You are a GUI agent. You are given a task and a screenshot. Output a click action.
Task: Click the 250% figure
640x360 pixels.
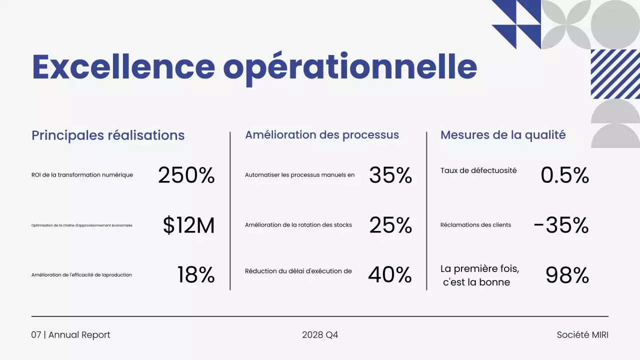(x=186, y=175)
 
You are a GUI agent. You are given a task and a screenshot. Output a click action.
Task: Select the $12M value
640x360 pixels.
(x=188, y=225)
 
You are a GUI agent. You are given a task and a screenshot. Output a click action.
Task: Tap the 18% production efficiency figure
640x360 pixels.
(x=195, y=275)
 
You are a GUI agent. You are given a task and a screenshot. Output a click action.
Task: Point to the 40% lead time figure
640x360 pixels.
(x=389, y=275)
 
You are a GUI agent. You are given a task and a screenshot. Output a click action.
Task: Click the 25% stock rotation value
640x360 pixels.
(x=390, y=225)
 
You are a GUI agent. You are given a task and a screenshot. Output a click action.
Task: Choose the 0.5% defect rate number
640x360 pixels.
(x=564, y=175)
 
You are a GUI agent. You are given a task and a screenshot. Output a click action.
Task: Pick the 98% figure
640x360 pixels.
(x=567, y=275)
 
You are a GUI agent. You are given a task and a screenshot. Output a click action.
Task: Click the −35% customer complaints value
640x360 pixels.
(x=561, y=225)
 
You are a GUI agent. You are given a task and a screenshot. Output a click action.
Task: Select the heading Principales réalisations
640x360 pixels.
(x=108, y=135)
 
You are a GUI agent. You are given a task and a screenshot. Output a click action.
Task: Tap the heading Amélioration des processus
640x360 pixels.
(x=322, y=135)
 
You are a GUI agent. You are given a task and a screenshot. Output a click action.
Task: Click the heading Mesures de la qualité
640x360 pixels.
(x=503, y=135)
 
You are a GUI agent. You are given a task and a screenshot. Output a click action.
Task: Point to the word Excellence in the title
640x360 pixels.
(x=123, y=67)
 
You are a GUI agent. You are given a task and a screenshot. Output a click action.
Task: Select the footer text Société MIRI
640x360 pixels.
(x=582, y=335)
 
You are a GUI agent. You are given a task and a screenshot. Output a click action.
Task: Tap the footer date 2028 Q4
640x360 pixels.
(x=320, y=335)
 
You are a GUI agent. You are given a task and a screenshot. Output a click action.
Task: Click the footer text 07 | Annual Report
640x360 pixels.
(x=70, y=335)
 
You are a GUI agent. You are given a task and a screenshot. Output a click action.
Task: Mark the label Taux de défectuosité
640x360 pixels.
(x=478, y=170)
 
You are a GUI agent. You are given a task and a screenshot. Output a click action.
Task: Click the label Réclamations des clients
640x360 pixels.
(x=475, y=225)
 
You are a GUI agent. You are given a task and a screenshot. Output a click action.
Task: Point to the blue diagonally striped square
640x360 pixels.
(x=615, y=74)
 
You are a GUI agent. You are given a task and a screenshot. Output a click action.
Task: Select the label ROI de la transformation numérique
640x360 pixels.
(x=82, y=175)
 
